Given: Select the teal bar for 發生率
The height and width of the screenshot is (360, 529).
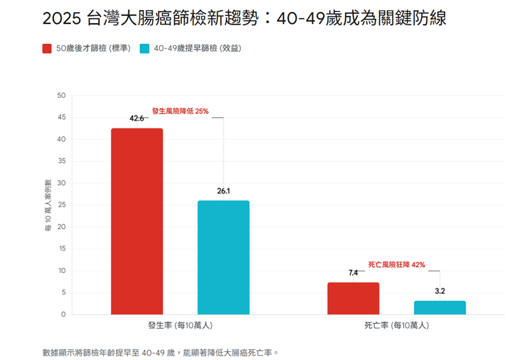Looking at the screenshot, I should point(223,258).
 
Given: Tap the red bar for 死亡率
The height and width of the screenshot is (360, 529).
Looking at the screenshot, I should point(353,298).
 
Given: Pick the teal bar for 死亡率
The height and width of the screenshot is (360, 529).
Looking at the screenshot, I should point(440,308).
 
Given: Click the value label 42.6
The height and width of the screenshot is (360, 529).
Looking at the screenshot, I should point(137,118).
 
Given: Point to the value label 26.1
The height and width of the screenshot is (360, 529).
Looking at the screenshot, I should point(223,190).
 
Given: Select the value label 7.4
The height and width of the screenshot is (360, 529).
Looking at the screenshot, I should point(353,273).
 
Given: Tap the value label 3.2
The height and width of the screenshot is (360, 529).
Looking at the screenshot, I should point(440,291).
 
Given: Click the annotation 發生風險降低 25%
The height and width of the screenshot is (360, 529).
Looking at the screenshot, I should point(180,111).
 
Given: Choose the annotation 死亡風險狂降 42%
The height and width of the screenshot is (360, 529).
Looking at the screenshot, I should point(397,265).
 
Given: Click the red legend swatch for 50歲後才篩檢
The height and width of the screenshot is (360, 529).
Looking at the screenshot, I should point(47,49).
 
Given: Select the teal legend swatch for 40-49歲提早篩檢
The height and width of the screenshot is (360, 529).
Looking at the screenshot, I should point(145,49).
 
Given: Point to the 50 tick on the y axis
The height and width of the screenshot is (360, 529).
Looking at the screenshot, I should point(62,95).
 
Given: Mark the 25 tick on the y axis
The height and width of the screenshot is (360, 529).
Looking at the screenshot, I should point(62,205).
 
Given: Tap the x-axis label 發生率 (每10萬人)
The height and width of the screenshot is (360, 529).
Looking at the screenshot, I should point(180,326).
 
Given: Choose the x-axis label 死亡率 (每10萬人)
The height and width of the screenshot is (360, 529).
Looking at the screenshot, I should point(397,326).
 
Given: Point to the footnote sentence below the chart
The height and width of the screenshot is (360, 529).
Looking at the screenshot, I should point(161,352).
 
